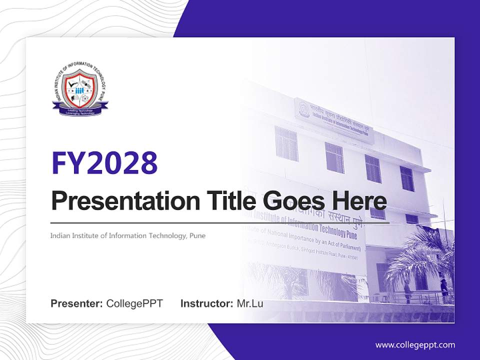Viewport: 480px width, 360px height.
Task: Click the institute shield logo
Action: [80, 87]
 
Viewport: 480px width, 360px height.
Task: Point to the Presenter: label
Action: [77, 303]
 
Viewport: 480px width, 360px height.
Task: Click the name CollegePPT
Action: [134, 303]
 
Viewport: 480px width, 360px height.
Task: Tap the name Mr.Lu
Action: [250, 303]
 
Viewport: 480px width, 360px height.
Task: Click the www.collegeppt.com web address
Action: [415, 345]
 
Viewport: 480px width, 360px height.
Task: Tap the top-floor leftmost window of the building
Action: [286, 143]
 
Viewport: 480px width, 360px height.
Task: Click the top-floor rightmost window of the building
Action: [406, 178]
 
